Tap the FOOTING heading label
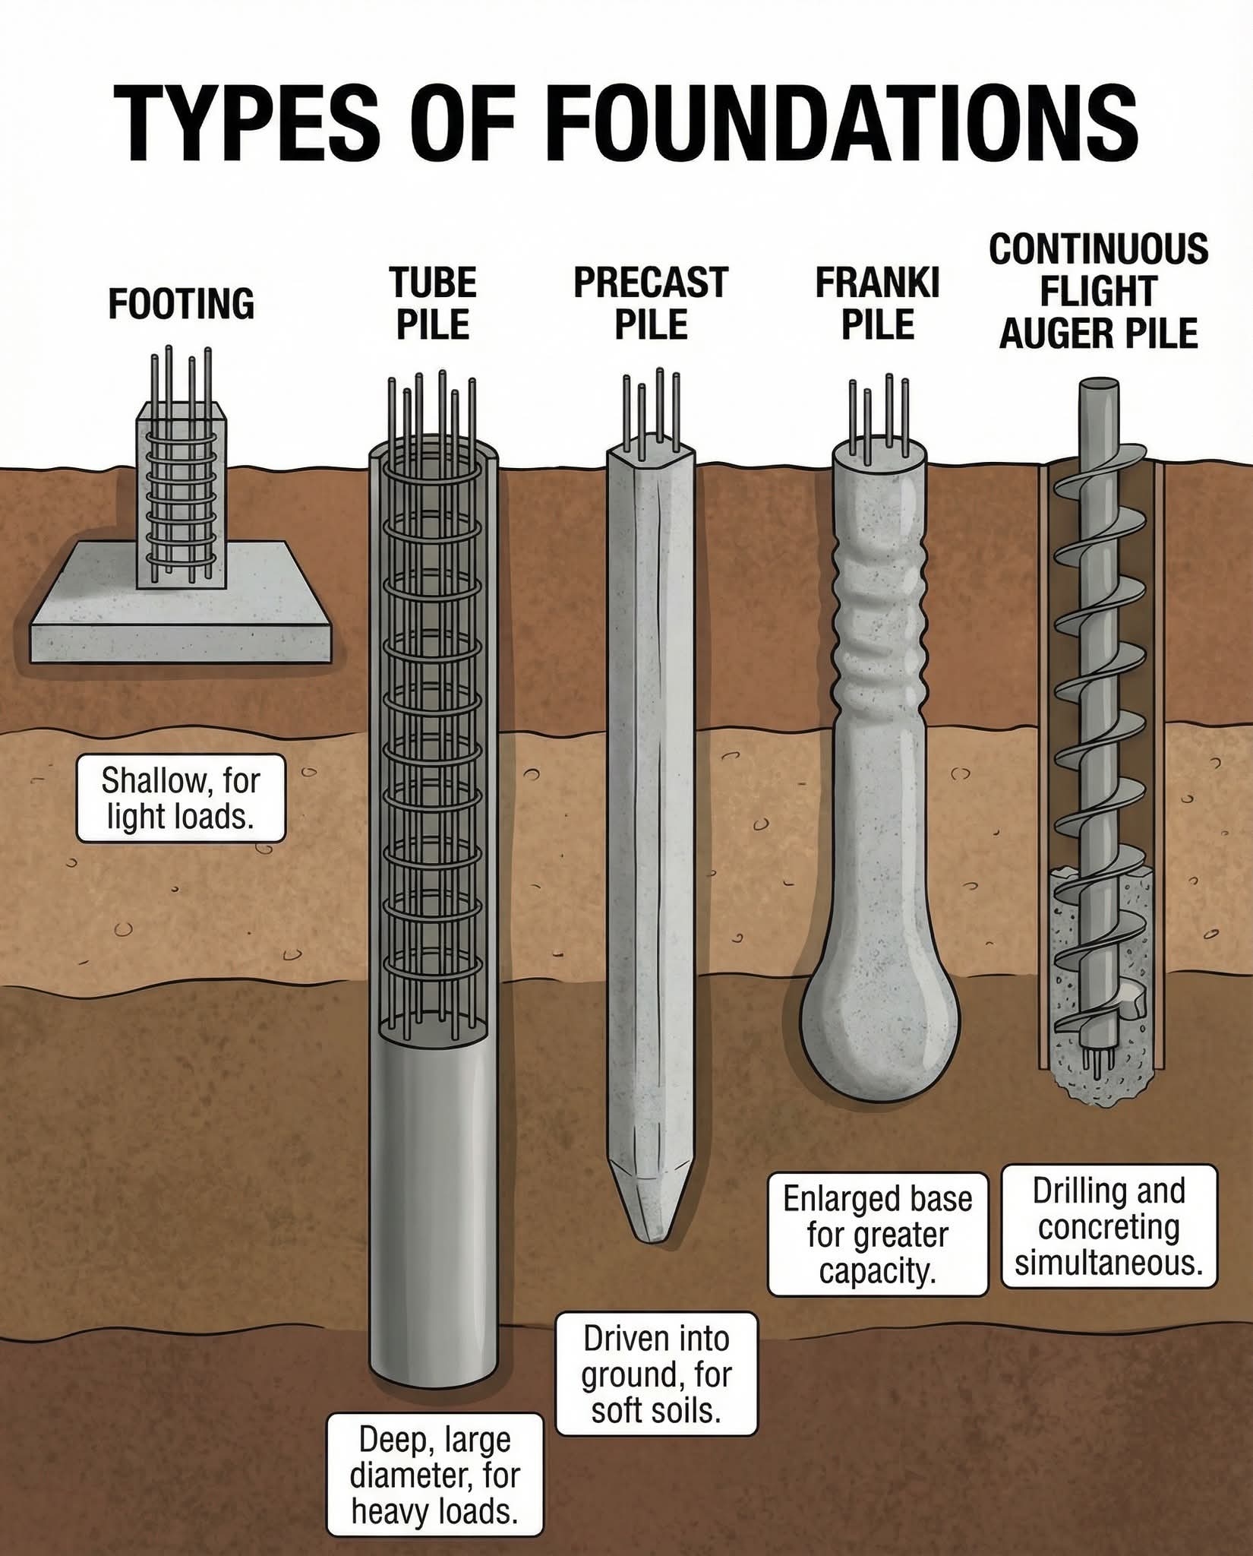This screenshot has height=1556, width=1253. tap(181, 304)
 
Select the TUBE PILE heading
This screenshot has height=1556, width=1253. tap(434, 304)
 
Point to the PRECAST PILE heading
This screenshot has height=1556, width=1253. tap(651, 304)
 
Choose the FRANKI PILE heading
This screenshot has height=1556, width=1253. tap(878, 304)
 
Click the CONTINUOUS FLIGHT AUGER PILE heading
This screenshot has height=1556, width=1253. tap(1098, 292)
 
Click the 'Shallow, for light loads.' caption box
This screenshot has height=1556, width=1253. tap(181, 798)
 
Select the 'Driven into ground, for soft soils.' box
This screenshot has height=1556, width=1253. tap(657, 1374)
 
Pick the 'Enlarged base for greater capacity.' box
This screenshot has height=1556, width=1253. tap(878, 1235)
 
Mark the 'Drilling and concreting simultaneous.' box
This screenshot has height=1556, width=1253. tap(1109, 1226)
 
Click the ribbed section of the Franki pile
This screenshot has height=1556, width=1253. tap(881, 615)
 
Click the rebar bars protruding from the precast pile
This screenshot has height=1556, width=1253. tap(652, 410)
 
